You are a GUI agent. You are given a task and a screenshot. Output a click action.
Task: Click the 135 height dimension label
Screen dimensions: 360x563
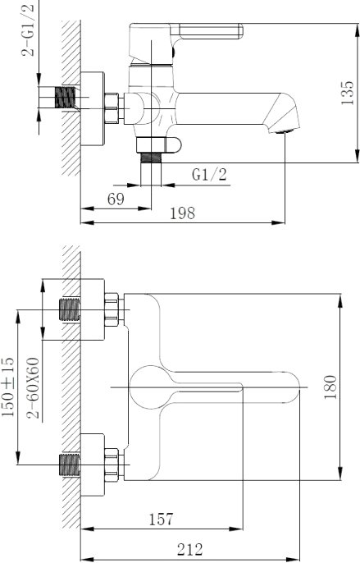point(348,93)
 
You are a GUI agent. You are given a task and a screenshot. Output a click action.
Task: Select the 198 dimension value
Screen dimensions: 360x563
point(182,213)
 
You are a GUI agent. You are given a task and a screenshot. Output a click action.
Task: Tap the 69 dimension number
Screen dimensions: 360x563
point(116,199)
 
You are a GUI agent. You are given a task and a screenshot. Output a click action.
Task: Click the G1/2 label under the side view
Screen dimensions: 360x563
point(210,175)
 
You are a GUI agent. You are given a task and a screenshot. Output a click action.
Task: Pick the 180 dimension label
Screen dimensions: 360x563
point(330,387)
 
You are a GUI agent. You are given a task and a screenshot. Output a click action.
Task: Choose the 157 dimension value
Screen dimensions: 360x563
point(162,520)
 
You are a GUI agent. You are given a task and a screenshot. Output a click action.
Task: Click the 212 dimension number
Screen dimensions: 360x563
point(190,549)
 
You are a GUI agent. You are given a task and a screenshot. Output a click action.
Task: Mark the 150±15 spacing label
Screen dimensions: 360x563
point(8,387)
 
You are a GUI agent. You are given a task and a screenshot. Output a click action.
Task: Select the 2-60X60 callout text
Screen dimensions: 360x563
point(33,387)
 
